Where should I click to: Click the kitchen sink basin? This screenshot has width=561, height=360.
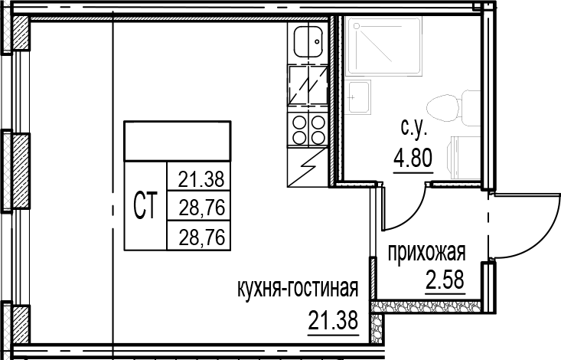click(x=309, y=43)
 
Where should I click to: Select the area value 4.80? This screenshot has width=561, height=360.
click(x=414, y=161)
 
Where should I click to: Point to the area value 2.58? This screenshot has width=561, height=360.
click(x=445, y=276)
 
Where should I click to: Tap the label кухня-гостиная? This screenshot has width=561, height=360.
click(x=298, y=290)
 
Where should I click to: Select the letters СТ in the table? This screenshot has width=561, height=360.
click(x=145, y=205)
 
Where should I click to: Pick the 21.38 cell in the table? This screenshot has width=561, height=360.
click(x=200, y=182)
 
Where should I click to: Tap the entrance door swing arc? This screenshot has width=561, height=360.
click(x=528, y=222)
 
